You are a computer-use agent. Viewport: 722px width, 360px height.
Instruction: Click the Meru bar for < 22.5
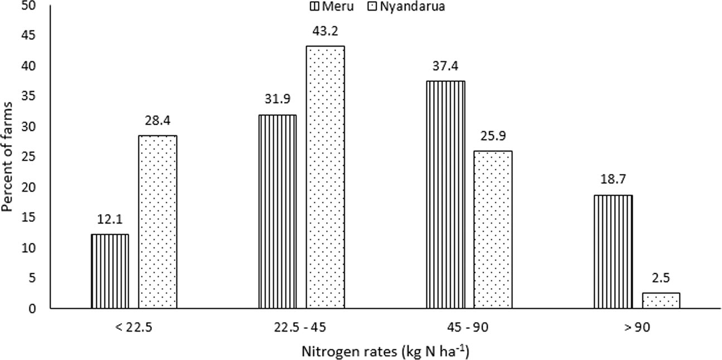click(109, 271)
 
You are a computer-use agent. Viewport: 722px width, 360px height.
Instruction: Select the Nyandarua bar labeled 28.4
click(157, 222)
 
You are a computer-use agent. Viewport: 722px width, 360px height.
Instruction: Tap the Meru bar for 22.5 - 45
click(278, 212)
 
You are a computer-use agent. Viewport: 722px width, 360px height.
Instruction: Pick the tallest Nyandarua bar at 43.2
click(325, 177)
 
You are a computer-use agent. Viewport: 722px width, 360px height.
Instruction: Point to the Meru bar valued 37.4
click(445, 194)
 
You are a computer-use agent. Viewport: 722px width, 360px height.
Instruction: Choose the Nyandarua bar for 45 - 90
click(493, 230)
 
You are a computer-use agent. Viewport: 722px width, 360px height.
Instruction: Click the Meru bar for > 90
click(613, 251)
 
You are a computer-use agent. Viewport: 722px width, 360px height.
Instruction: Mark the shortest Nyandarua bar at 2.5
click(661, 301)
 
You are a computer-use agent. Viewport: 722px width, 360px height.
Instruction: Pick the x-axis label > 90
click(637, 328)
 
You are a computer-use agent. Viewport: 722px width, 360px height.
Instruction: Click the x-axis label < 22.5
click(133, 328)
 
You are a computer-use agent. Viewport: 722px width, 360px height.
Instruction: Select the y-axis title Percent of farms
click(8, 157)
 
